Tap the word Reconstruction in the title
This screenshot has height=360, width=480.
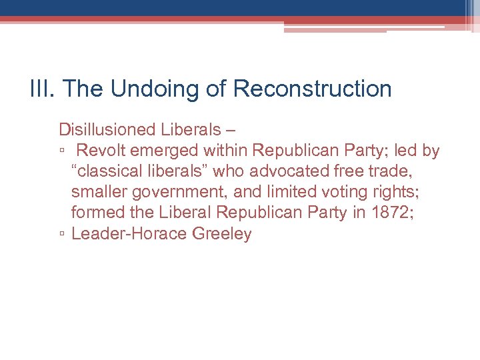coord(313,89)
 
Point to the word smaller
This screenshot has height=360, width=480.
coord(99,192)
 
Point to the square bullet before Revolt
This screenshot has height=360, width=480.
coord(61,151)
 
